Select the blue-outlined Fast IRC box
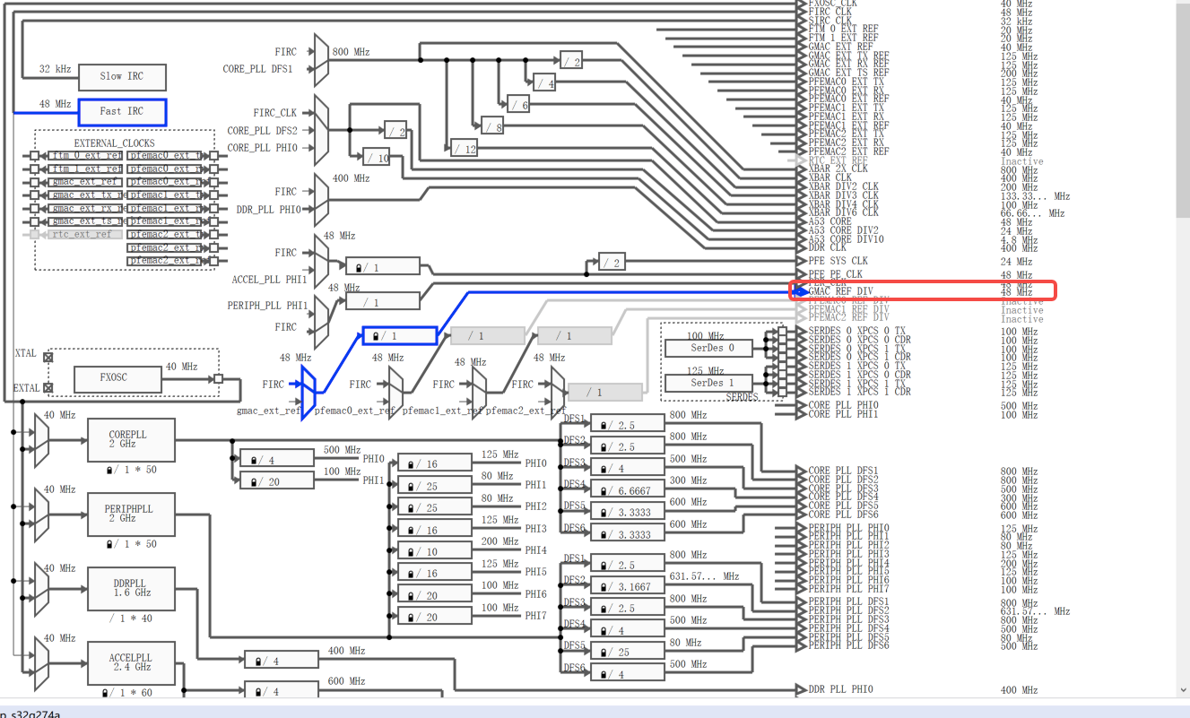122,112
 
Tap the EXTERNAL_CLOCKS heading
114,143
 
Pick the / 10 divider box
377,158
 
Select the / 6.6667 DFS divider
626,490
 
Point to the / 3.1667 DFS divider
626,587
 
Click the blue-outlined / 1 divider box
398,336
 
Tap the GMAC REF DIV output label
840,291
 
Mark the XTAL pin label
26,354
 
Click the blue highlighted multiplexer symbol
308,385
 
